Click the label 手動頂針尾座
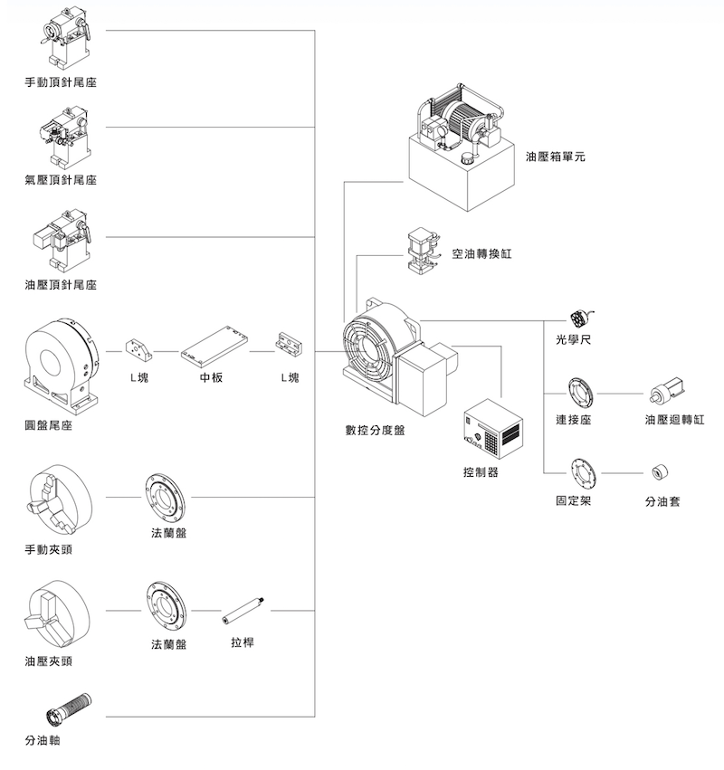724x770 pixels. click(x=61, y=82)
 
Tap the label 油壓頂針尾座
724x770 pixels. click(x=61, y=285)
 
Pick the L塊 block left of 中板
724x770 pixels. click(x=138, y=347)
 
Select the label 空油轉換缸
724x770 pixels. click(x=481, y=253)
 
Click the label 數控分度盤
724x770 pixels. click(x=375, y=430)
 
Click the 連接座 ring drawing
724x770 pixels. click(x=578, y=394)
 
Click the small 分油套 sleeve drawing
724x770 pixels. click(x=661, y=472)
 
